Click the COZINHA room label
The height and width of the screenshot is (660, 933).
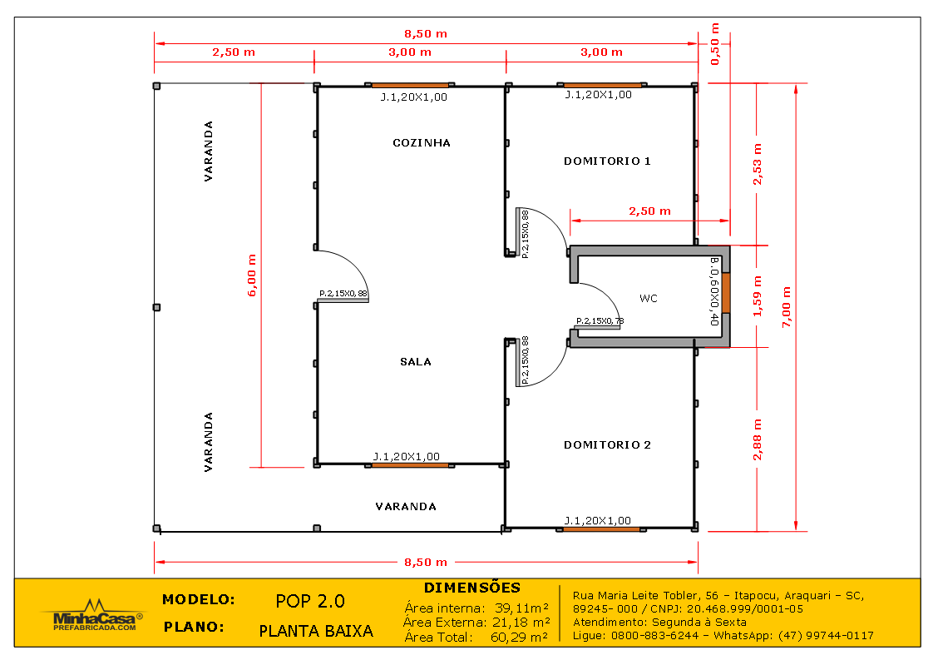[x=422, y=142]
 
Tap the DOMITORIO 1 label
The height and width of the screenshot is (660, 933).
[x=607, y=161]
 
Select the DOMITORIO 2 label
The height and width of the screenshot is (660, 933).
[x=607, y=444]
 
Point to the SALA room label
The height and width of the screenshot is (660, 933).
[x=416, y=361]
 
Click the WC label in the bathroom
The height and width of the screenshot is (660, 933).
[x=649, y=298]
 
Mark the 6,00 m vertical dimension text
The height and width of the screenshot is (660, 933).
[x=253, y=275]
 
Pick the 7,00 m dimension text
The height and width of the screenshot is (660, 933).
[x=786, y=306]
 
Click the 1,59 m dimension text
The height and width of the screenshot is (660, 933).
[x=757, y=296]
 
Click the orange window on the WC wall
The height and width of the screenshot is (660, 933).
[x=725, y=292]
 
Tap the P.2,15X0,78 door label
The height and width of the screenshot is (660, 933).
[x=600, y=320]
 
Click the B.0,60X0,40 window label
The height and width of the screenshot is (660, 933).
[x=713, y=291]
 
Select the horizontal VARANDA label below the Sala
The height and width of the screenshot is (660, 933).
[x=406, y=506]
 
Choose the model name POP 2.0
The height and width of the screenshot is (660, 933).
[x=309, y=601]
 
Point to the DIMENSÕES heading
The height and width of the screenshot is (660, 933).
[x=471, y=588]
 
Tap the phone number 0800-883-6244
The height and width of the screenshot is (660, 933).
[x=649, y=635]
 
